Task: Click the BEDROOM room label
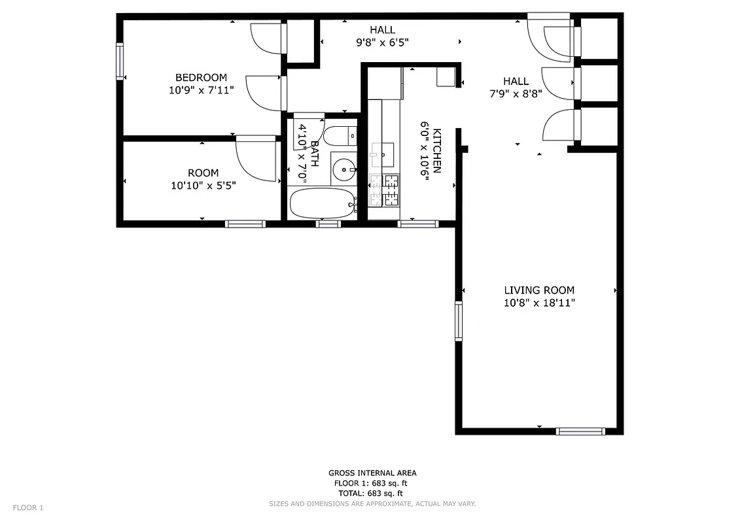pyautogui.click(x=201, y=78)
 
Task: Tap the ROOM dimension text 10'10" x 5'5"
pyautogui.click(x=203, y=186)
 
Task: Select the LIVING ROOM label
pyautogui.click(x=539, y=290)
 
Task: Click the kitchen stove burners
pyautogui.click(x=385, y=189)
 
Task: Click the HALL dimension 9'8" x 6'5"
pyautogui.click(x=382, y=42)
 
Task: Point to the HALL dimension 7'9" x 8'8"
pyautogui.click(x=516, y=93)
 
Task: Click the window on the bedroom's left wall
pyautogui.click(x=120, y=61)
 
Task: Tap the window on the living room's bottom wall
pyautogui.click(x=580, y=431)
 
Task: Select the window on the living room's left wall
pyautogui.click(x=459, y=321)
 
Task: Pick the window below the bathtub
pyautogui.click(x=328, y=224)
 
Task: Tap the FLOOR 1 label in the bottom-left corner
pyautogui.click(x=28, y=508)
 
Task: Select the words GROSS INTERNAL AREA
pyautogui.click(x=372, y=473)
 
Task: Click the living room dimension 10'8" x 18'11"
pyautogui.click(x=539, y=303)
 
